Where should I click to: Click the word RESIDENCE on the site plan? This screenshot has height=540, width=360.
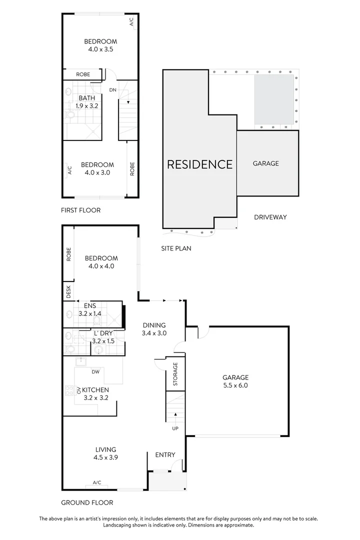tap(199, 164)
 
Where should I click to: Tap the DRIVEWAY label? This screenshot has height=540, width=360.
tap(269, 217)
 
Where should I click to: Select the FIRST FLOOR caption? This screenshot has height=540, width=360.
tap(80, 210)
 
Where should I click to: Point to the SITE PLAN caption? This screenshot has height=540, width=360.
tap(176, 248)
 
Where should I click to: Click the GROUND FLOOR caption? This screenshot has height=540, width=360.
tap(86, 502)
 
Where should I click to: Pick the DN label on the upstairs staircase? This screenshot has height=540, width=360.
tap(113, 90)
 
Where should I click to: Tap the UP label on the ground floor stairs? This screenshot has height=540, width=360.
tap(175, 428)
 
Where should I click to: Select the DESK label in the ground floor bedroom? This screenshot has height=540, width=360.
tap(68, 291)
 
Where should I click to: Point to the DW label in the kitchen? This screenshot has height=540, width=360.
tap(95, 372)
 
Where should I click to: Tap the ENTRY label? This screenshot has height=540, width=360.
tap(165, 454)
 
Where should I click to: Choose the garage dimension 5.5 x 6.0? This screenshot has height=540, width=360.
tap(235, 385)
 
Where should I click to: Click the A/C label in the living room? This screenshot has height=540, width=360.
tap(97, 482)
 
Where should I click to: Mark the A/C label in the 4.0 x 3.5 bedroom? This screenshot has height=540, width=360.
tap(131, 22)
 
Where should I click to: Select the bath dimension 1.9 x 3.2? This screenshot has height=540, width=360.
tap(87, 106)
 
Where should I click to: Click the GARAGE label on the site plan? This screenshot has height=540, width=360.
tap(265, 163)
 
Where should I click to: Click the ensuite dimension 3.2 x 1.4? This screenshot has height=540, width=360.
tap(90, 313)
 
